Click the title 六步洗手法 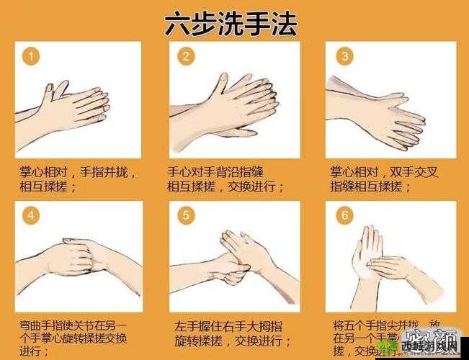click(231, 23)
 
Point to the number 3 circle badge click(344, 57)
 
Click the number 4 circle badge click(30, 215)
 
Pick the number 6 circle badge click(344, 215)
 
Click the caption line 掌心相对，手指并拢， click(77, 172)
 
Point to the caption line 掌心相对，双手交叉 click(384, 172)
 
